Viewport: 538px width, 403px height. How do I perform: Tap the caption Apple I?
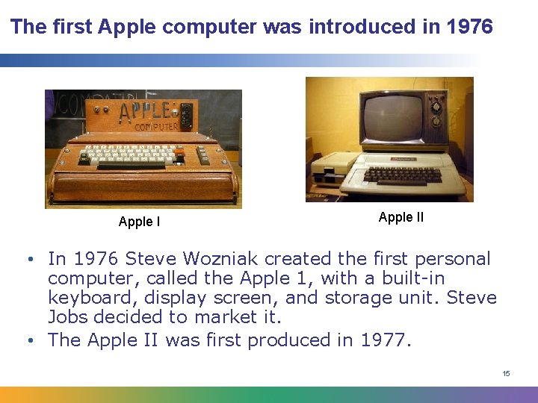tap(139, 222)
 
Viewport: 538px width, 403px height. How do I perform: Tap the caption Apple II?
tap(401, 217)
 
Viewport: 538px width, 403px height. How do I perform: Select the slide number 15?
tap(506, 373)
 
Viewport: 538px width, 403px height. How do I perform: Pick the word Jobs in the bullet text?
tap(67, 317)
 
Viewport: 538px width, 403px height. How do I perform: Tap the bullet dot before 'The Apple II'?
tap(31, 341)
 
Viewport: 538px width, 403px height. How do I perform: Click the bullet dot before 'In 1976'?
tap(31, 260)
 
